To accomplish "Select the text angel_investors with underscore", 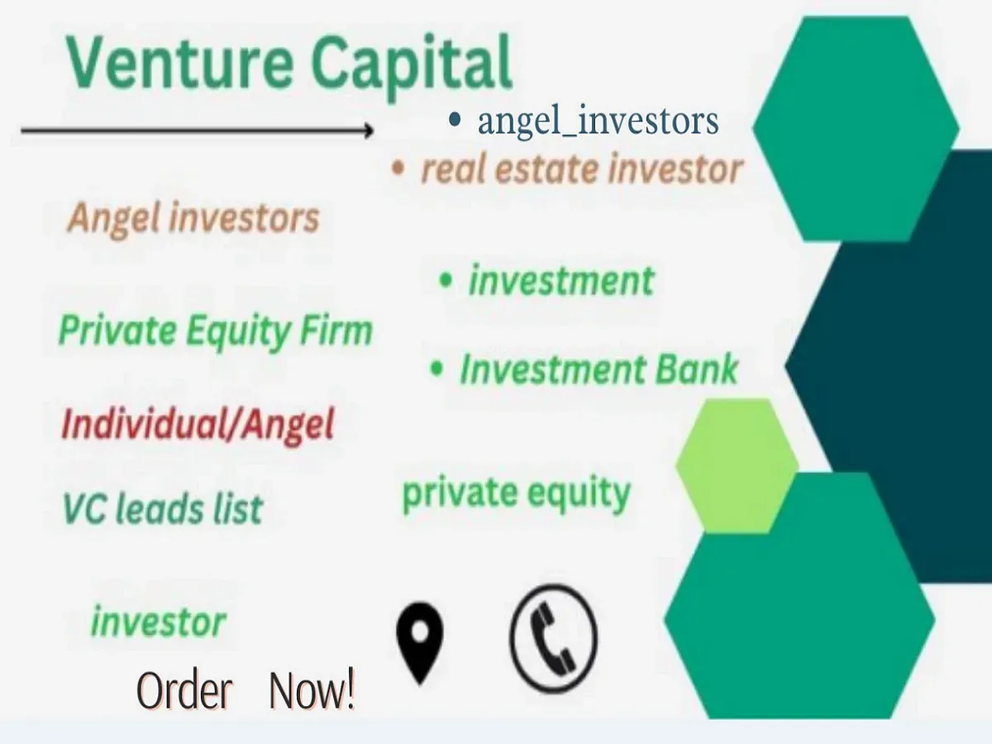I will click(598, 121).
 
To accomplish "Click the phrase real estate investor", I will click(581, 169).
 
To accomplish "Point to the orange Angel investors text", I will click(193, 218).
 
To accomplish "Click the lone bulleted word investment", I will click(561, 280).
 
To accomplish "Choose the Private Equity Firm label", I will click(215, 331).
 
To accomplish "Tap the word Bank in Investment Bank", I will click(696, 369).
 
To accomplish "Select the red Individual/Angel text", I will click(198, 425).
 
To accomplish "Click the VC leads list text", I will click(163, 508).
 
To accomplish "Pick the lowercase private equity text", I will click(516, 494).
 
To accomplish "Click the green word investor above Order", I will click(158, 622).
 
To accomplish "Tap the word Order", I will click(184, 691).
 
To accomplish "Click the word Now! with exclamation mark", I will click(312, 691).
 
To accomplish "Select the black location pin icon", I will click(420, 641).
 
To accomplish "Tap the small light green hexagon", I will click(736, 465).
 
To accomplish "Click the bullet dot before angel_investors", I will click(454, 121).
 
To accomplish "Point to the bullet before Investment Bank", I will click(437, 369).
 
